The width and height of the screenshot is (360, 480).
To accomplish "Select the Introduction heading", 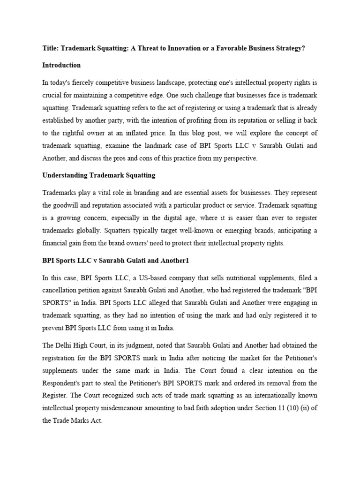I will [x=61, y=65].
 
